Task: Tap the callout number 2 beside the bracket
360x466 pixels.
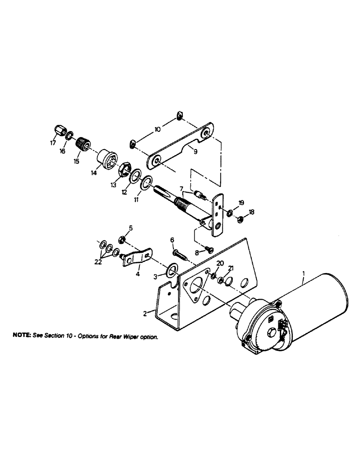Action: [146, 314]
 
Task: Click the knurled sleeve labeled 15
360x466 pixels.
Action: [83, 141]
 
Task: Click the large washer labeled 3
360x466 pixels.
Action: [172, 269]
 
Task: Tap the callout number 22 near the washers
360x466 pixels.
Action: [98, 262]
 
